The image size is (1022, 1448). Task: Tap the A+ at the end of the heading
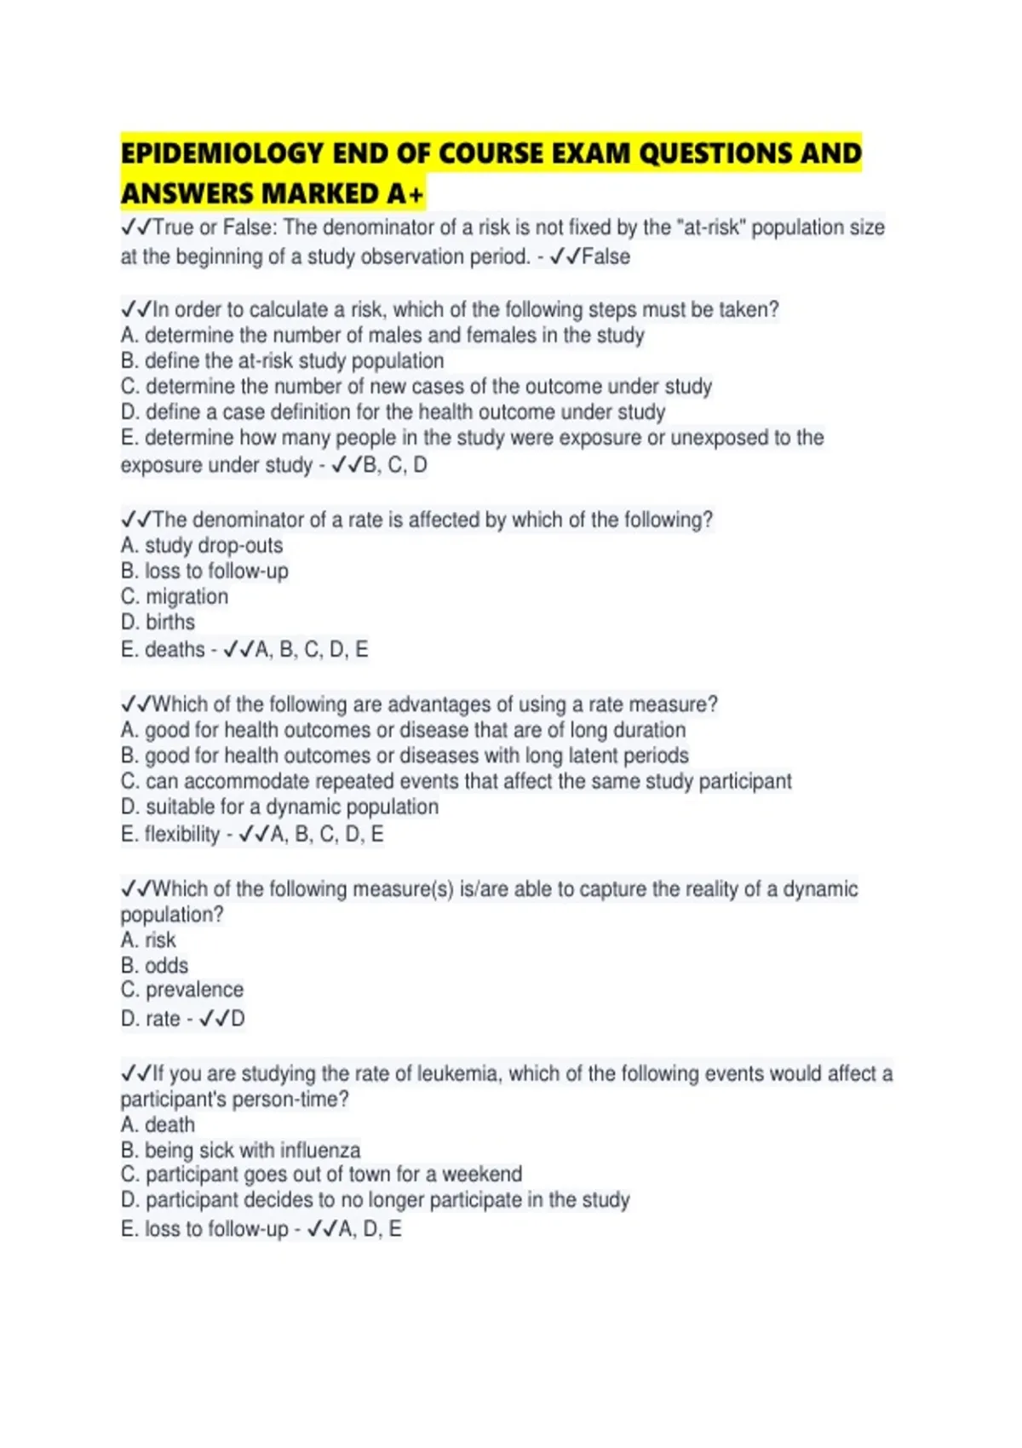405,194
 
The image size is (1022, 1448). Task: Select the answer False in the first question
606,256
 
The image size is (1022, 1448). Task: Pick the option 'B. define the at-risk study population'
282,360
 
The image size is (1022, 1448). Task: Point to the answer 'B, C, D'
395,465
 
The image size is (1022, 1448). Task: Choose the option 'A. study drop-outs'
202,545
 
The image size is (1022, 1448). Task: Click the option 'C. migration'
175,596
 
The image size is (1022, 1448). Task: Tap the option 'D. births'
158,622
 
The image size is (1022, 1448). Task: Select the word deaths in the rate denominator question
175,650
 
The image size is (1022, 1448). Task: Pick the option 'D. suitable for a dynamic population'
279,807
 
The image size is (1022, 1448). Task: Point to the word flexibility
182,834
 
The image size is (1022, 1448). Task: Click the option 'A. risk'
148,939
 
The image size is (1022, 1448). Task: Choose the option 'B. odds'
154,965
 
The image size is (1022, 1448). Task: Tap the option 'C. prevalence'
182,990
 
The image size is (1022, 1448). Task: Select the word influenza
320,1150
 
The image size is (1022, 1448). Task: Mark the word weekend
482,1174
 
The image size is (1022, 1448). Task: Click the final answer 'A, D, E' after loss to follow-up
370,1229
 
